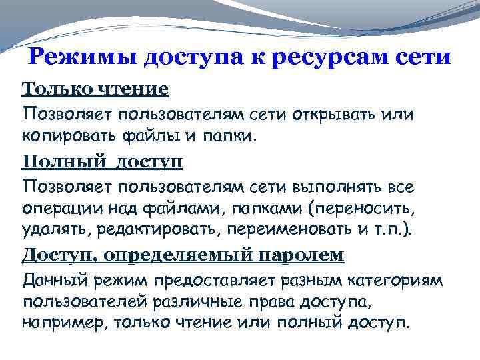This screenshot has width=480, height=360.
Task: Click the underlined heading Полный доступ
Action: [103, 162]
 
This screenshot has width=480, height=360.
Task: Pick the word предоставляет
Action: [210, 279]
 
